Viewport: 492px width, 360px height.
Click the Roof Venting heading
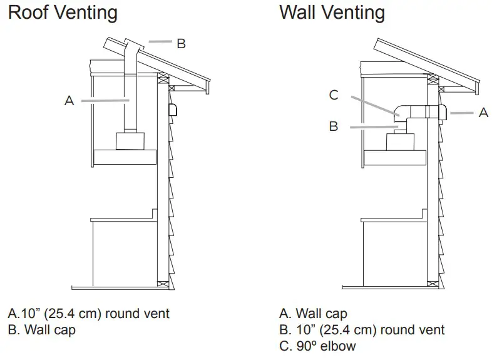click(63, 12)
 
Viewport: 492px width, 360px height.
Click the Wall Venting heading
click(332, 12)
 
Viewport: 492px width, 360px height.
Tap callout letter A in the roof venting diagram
click(69, 100)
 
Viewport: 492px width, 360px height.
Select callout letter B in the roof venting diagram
click(181, 43)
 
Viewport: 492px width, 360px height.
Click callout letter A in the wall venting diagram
click(483, 113)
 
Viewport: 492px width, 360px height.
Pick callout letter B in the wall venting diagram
click(334, 126)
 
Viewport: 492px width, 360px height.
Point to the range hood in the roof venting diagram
click(125, 156)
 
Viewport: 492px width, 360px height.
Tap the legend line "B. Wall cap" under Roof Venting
click(42, 330)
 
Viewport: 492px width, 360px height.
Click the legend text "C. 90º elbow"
click(318, 346)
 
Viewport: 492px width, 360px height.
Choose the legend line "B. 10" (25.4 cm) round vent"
click(362, 329)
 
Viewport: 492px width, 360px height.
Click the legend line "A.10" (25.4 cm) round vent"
click(89, 313)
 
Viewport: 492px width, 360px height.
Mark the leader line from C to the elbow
click(372, 105)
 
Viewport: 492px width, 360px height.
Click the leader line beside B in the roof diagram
click(160, 43)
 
